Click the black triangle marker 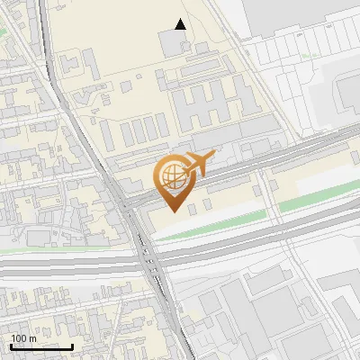(x=181, y=24)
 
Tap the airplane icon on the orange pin (x=197, y=165)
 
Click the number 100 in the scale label (x=19, y=338)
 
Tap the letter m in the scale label (x=32, y=338)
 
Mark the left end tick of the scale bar (x=11, y=346)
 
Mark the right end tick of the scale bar (x=73, y=346)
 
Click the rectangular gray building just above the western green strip (x=38, y=237)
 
